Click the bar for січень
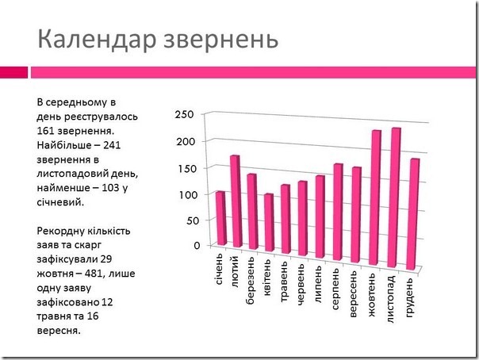(220, 218)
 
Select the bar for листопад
(395, 198)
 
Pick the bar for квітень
(269, 223)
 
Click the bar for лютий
(235, 201)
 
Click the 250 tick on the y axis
(185, 116)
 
